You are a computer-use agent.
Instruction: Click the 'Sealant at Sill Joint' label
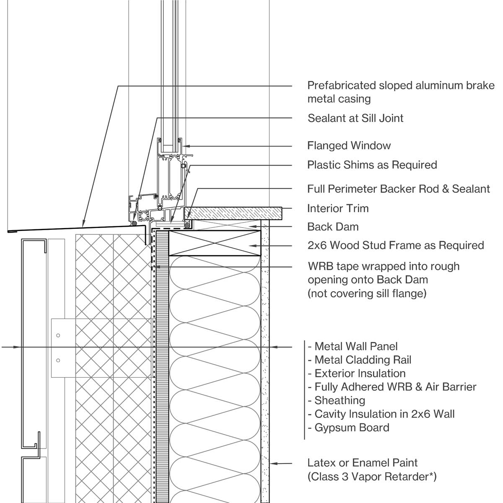[x=355, y=118]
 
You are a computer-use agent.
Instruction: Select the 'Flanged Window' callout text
[x=349, y=146]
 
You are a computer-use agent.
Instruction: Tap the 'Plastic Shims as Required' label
[x=372, y=165]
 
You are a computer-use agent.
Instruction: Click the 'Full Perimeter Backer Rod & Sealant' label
[x=398, y=189]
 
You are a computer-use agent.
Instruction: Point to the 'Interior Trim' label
[x=338, y=208]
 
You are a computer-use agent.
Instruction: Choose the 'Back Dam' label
[x=333, y=227]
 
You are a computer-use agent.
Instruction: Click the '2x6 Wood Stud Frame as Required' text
[x=396, y=245]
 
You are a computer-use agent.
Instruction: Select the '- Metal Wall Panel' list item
[x=353, y=347]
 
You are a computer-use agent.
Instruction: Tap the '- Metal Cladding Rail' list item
[x=359, y=360]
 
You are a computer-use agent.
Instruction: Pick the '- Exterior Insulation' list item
[x=356, y=373]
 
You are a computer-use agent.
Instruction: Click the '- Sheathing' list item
[x=336, y=400]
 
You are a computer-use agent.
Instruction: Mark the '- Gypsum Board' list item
[x=348, y=428]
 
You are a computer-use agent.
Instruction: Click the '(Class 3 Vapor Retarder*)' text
[x=372, y=477]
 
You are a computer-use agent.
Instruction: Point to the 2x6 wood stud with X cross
[x=215, y=243]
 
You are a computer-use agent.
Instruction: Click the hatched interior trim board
[x=233, y=213]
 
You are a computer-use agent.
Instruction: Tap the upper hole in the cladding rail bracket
[x=58, y=335]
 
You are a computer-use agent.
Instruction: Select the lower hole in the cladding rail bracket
[x=58, y=360]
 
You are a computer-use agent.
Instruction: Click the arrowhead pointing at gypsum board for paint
[x=273, y=463]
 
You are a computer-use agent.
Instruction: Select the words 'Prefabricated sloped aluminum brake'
[x=401, y=86]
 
